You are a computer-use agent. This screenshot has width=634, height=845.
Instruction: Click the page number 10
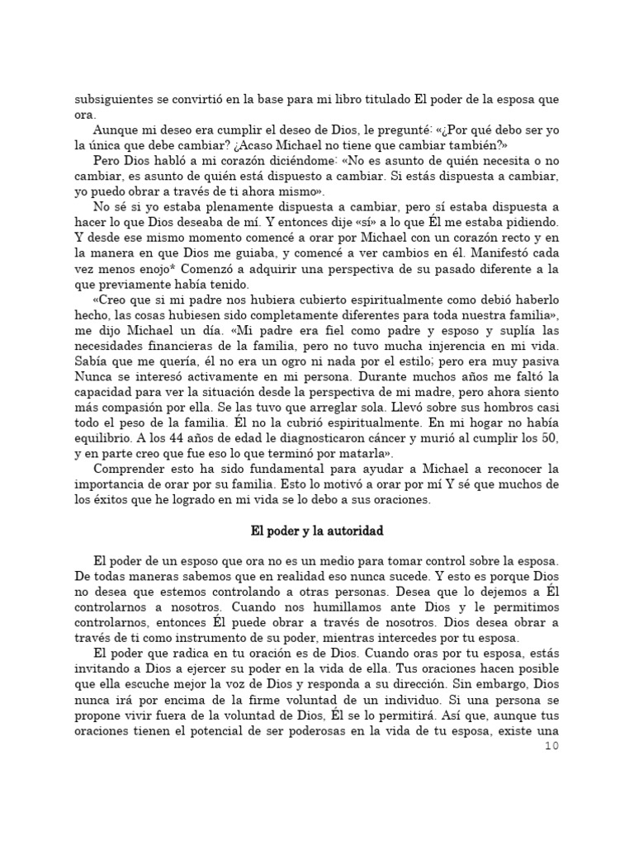552,747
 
